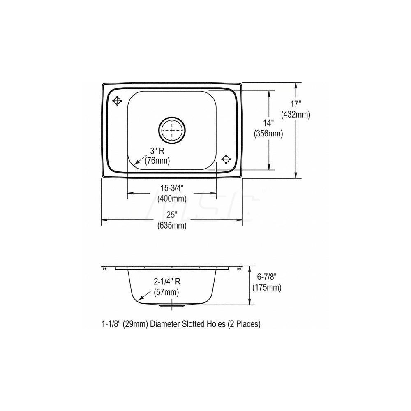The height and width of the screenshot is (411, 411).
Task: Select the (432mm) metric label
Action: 296,115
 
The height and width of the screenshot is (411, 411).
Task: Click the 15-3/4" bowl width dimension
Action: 171,188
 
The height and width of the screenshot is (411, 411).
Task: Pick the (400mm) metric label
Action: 171,199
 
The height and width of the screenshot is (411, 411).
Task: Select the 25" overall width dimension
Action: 171,215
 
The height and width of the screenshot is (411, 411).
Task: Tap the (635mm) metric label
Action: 171,225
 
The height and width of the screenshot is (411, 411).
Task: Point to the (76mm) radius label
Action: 157,161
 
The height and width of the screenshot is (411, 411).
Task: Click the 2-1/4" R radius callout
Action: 166,282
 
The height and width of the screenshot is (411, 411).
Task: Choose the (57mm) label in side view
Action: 166,292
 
